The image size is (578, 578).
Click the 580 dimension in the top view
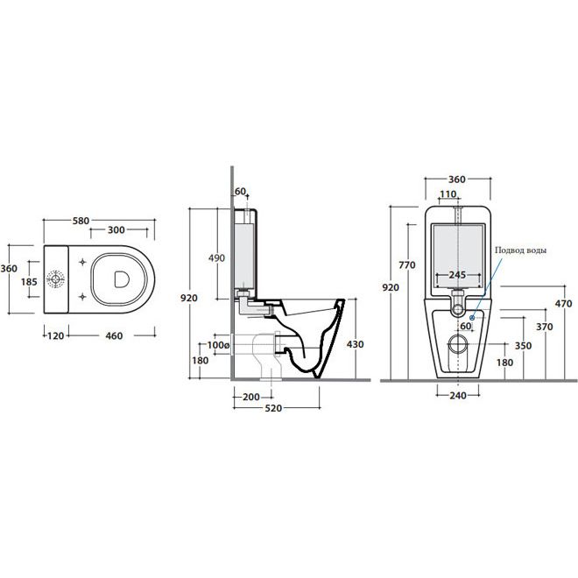[81, 221]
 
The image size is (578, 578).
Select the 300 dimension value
[116, 229]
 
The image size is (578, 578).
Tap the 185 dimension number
[29, 282]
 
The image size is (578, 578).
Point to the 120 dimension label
[56, 335]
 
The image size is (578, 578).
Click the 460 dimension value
[114, 335]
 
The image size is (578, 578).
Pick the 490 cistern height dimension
[216, 258]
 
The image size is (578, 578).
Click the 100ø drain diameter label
[218, 345]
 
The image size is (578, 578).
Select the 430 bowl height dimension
[356, 344]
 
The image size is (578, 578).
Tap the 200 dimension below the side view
[251, 397]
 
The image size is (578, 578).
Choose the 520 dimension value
[273, 408]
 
